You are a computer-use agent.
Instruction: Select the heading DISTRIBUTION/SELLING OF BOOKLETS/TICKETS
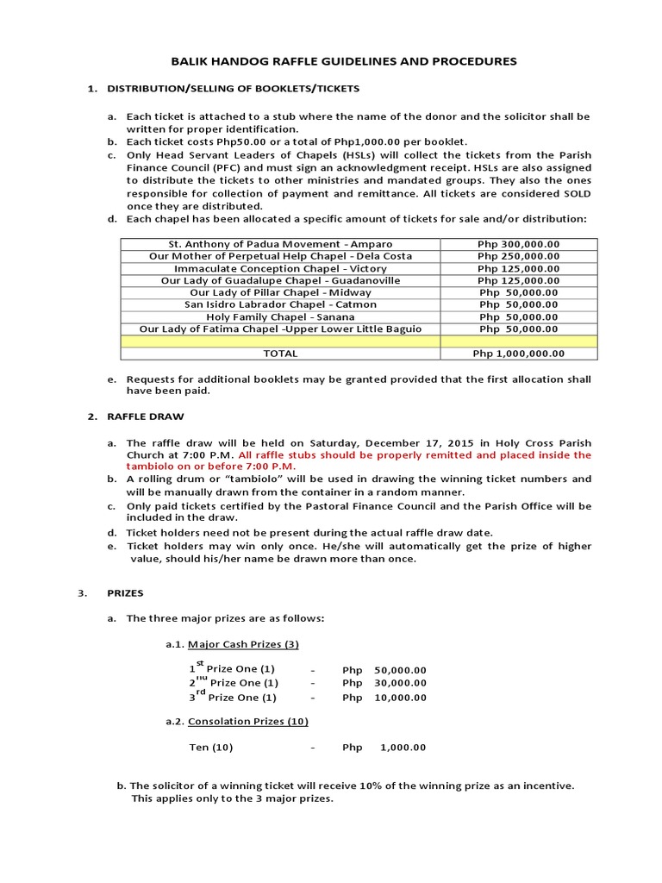(x=233, y=89)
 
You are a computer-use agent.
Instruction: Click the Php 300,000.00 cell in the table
(x=518, y=244)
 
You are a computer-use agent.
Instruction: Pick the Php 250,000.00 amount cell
(x=518, y=256)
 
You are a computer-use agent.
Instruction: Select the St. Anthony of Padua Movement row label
(x=280, y=244)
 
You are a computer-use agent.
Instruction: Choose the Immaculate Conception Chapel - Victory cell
(x=280, y=268)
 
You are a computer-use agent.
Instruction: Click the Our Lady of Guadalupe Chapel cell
(x=280, y=280)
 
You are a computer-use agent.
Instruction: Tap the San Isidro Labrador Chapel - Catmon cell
(x=280, y=304)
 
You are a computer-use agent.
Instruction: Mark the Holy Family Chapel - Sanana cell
(x=280, y=316)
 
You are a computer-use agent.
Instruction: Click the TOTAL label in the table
(x=280, y=354)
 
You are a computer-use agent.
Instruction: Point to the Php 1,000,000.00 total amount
(x=518, y=354)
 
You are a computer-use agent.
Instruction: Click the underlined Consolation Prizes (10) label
(x=247, y=721)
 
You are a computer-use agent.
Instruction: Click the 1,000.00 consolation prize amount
(x=403, y=748)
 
